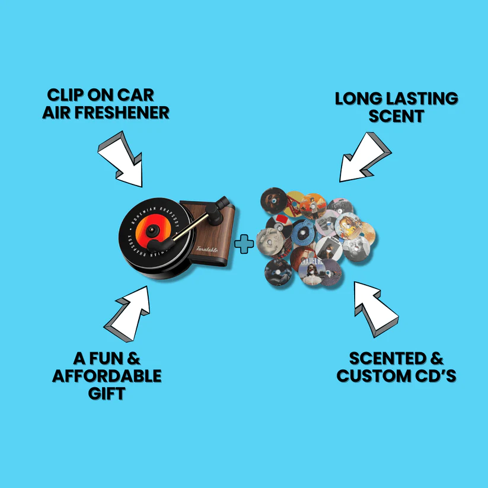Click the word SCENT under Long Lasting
tap(396, 116)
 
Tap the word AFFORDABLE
tap(107, 376)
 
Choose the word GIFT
tap(107, 393)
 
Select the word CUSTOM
tap(377, 376)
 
